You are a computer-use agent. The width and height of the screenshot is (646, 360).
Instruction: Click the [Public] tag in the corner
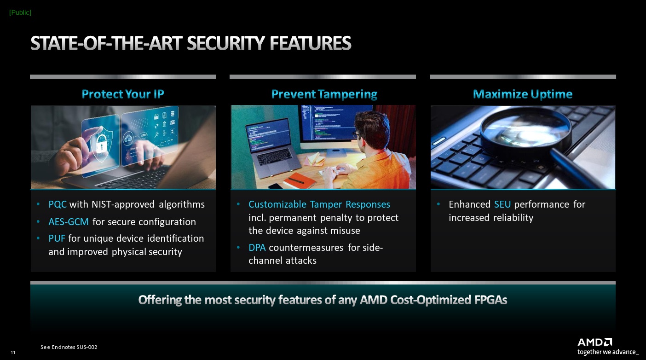20,12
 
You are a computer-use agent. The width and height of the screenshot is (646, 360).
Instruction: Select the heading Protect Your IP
123,94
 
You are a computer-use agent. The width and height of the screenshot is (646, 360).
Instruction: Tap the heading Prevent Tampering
324,94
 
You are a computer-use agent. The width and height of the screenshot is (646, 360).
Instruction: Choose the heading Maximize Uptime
523,94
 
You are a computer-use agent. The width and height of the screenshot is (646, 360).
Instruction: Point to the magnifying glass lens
526,130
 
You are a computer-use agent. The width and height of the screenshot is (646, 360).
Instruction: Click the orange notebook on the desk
300,180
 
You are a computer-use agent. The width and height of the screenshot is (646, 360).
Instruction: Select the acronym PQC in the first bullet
58,204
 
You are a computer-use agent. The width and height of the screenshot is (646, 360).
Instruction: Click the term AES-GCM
69,221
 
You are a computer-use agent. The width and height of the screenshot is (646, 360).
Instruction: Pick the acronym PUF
57,238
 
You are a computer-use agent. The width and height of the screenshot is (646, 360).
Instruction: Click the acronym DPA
257,248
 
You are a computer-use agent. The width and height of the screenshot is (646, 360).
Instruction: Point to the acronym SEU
502,204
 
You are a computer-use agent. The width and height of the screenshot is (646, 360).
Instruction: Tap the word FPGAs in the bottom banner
491,300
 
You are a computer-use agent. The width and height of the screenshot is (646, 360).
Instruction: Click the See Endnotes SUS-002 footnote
69,347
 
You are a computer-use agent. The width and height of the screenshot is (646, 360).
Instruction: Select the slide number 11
13,352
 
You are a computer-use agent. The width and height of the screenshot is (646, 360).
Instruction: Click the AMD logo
594,342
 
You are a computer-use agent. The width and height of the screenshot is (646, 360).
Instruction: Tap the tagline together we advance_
608,352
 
